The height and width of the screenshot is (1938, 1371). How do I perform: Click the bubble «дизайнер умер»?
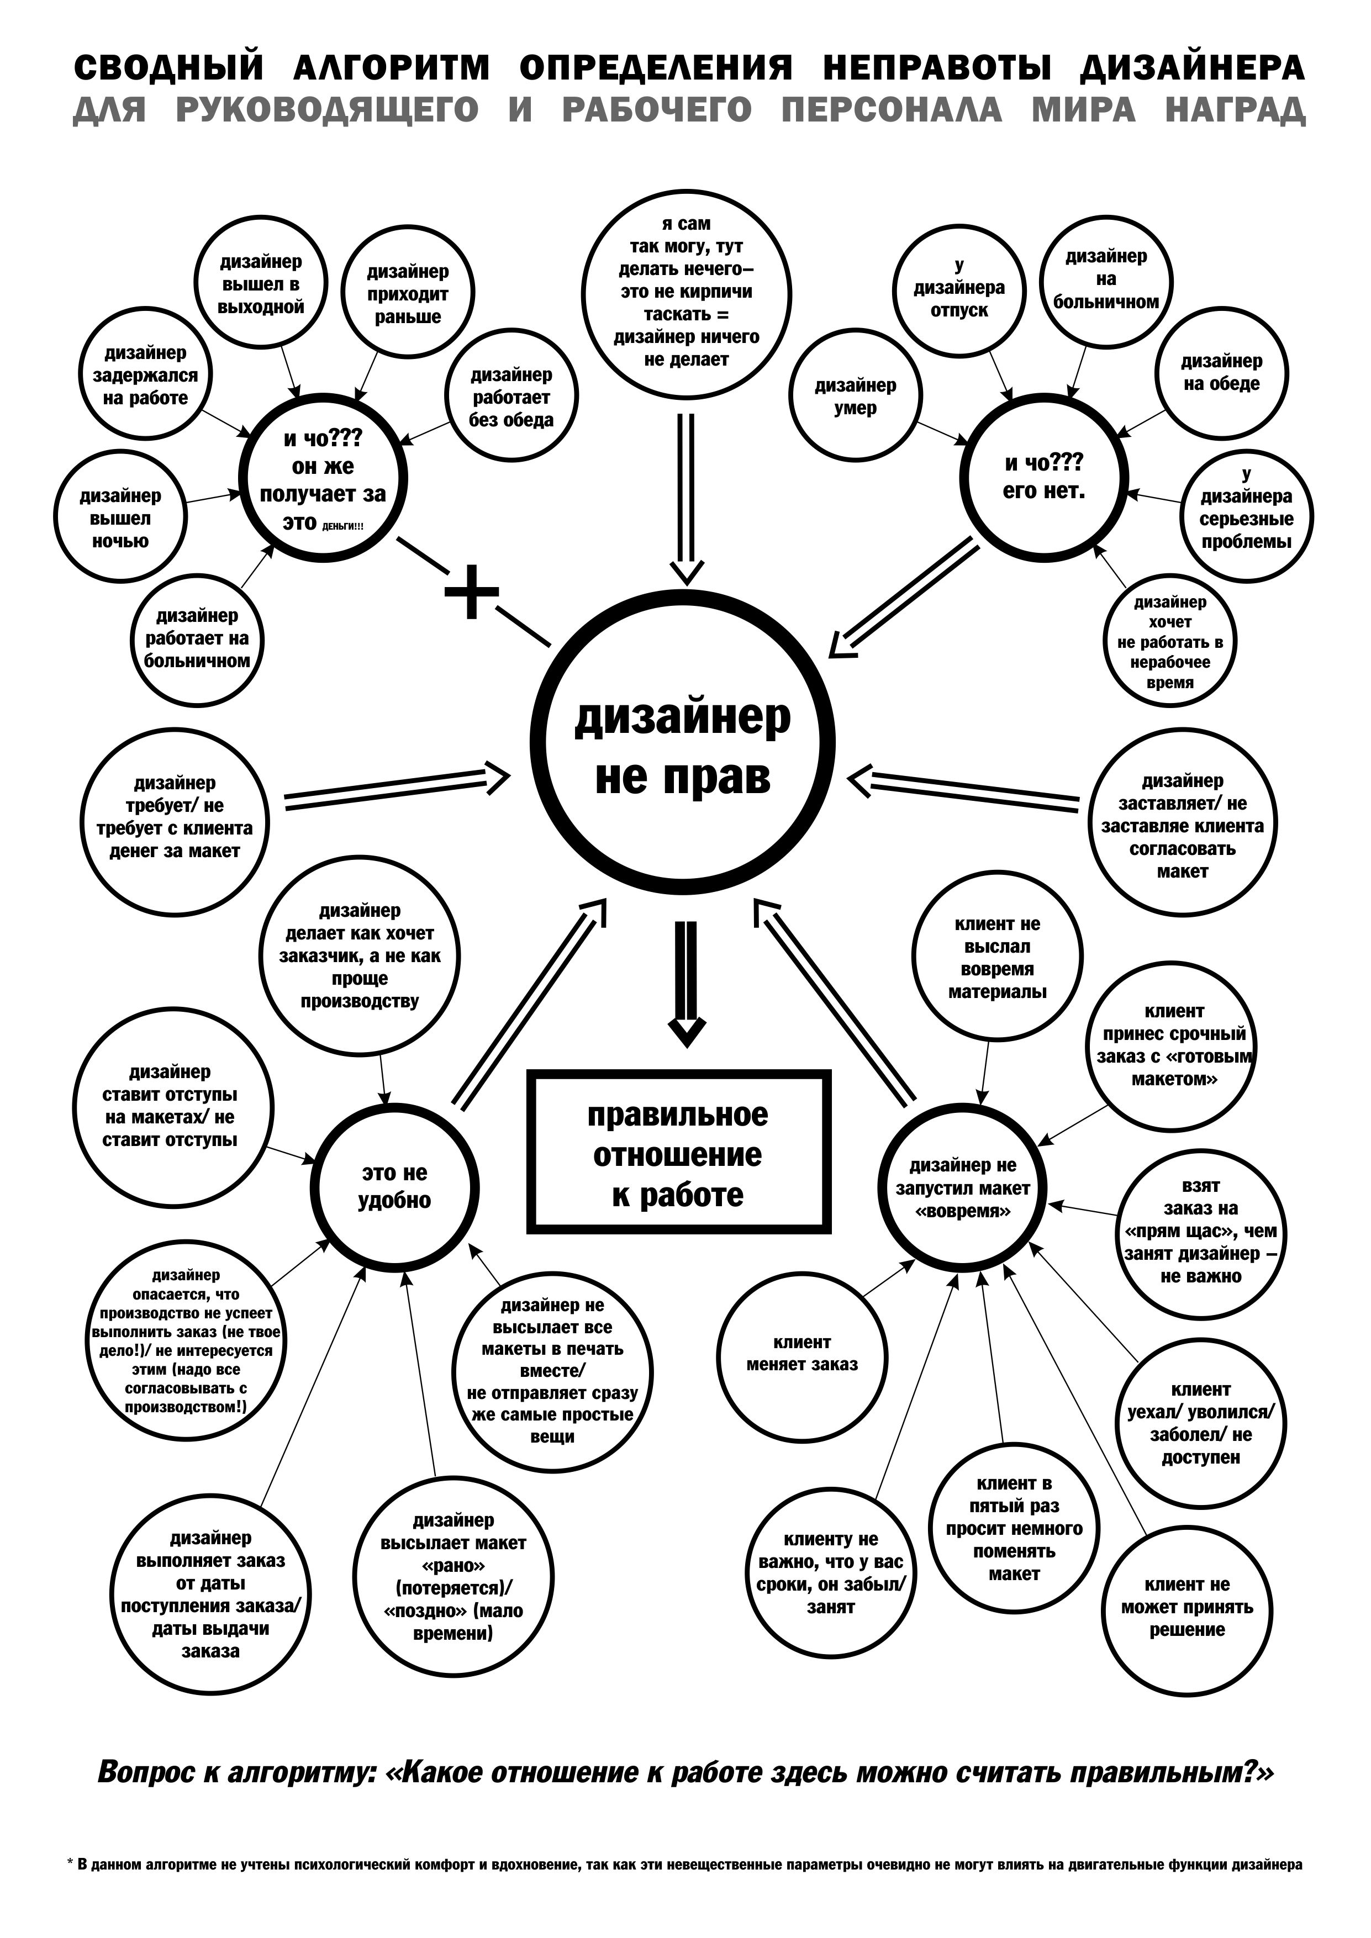[x=855, y=397]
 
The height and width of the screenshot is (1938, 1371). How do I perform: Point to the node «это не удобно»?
[x=394, y=1186]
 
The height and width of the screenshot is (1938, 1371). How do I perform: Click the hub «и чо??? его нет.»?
[x=1045, y=477]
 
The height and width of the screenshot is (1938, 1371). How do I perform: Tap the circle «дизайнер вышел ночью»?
[x=121, y=517]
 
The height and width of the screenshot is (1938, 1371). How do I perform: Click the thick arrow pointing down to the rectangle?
[x=687, y=983]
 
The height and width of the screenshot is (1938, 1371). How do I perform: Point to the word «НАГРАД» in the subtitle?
[x=1235, y=110]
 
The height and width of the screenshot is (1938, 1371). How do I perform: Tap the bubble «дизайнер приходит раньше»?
[x=408, y=294]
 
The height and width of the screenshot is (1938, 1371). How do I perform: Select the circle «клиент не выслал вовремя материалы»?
[x=997, y=958]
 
